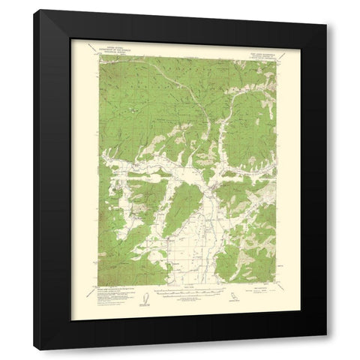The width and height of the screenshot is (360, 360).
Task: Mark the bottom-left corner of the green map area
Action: click(x=98, y=286)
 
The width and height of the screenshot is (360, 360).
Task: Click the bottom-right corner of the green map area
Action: click(x=276, y=286)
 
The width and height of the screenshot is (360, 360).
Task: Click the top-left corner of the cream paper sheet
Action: click(x=71, y=38)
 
